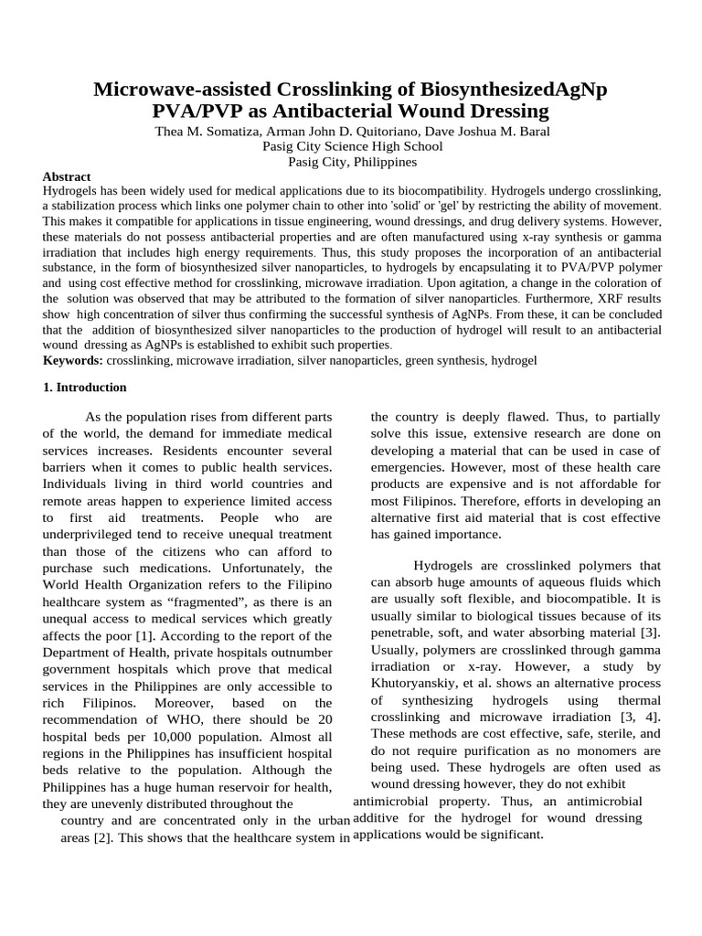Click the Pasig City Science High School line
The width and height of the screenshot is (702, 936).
(x=352, y=146)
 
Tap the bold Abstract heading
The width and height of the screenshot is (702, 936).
(x=67, y=176)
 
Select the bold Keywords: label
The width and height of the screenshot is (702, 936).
(x=73, y=360)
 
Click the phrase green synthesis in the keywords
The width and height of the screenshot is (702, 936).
(x=452, y=360)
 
